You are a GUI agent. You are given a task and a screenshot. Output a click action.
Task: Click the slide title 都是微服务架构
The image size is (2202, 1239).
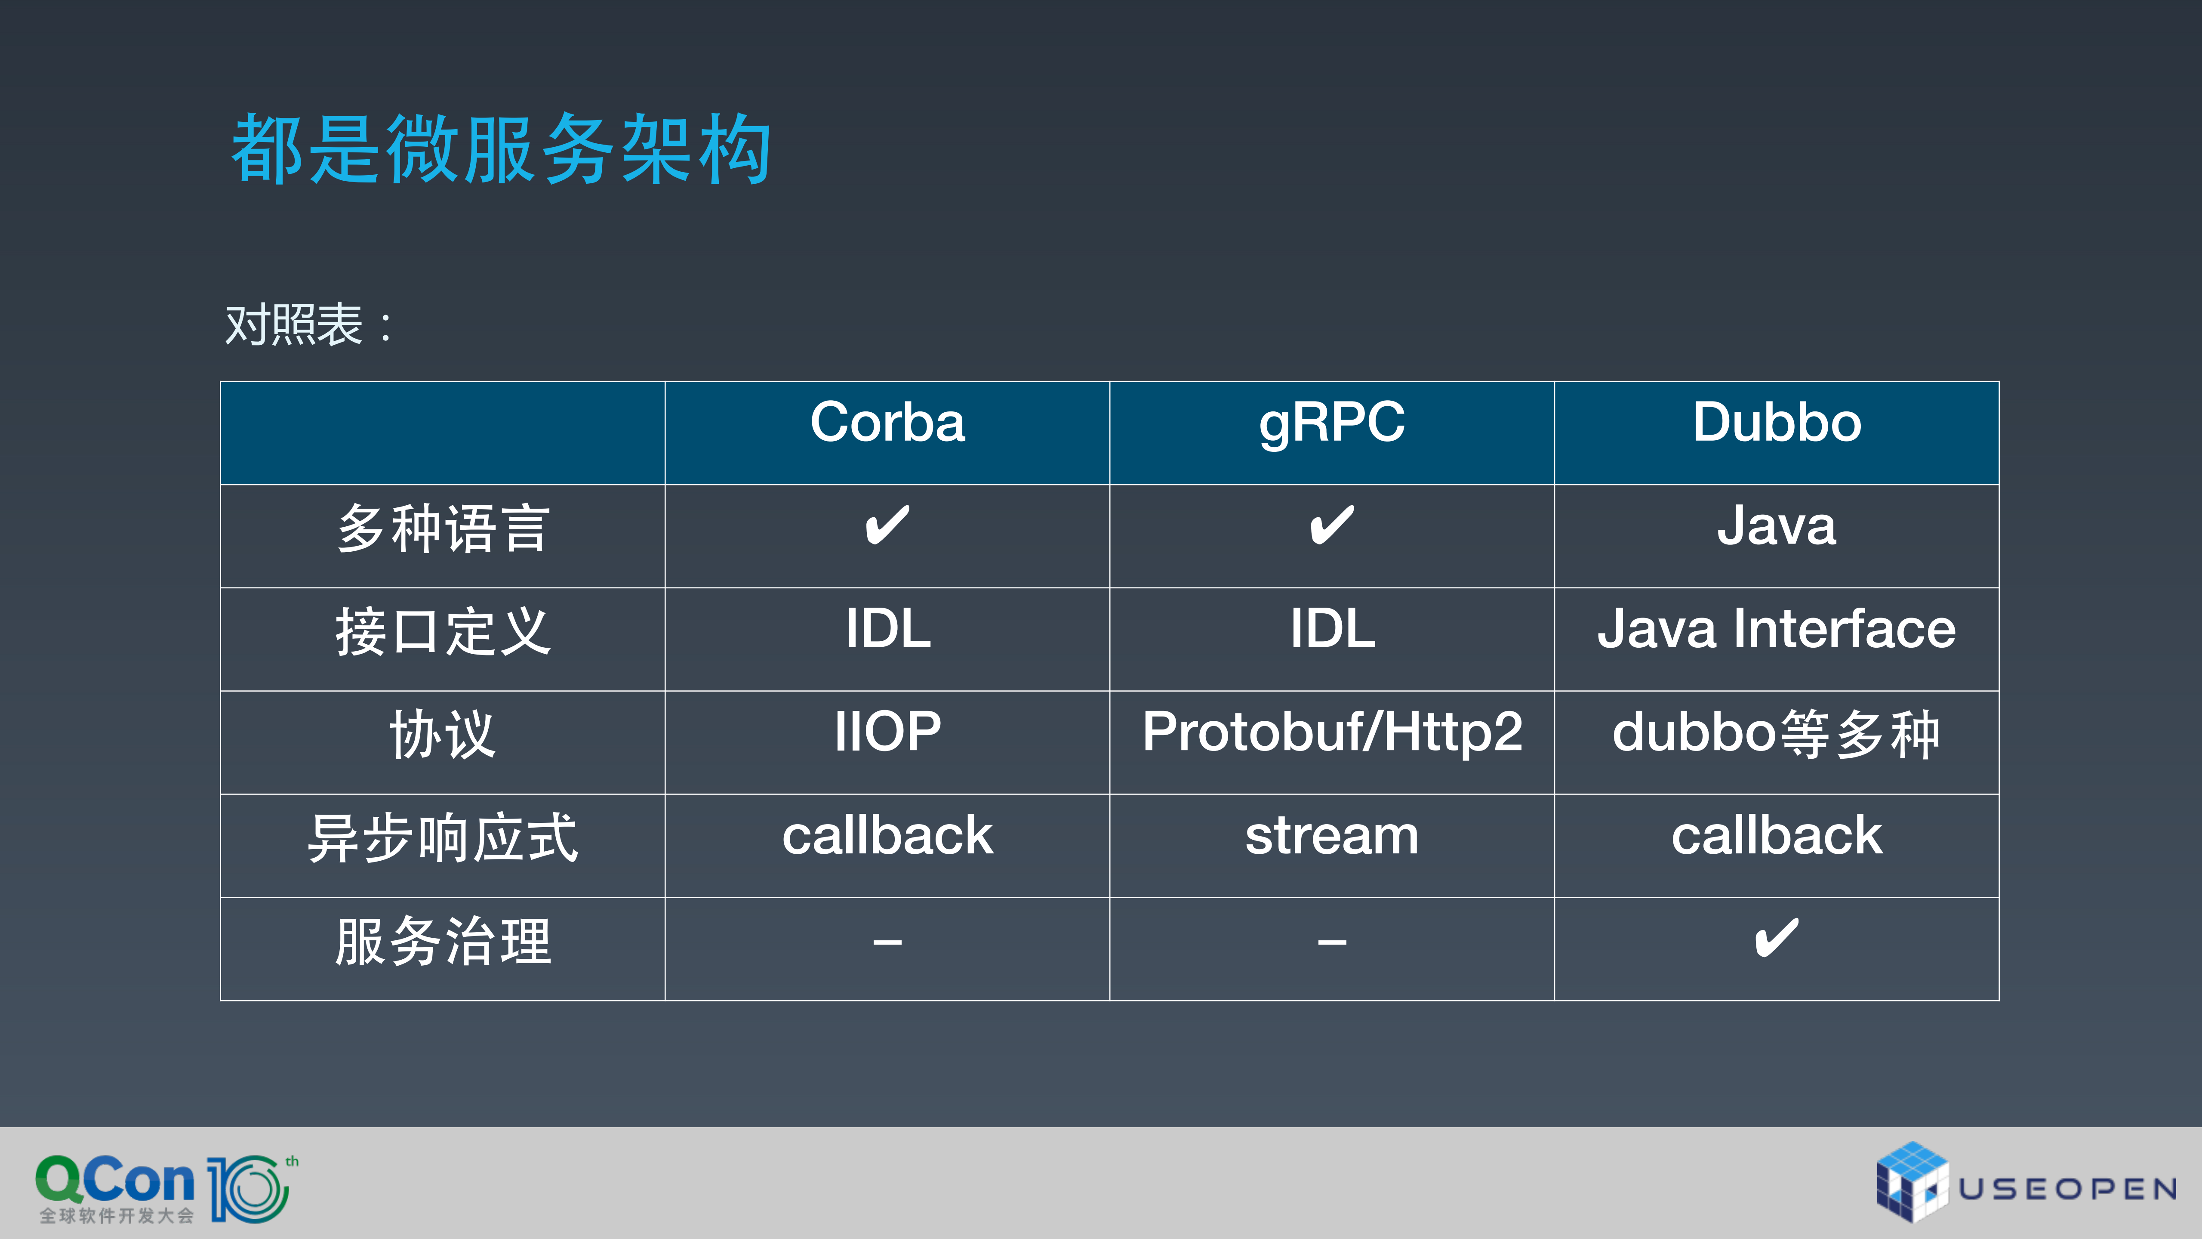click(x=502, y=150)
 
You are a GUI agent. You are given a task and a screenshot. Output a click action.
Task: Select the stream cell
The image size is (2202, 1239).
click(x=1332, y=835)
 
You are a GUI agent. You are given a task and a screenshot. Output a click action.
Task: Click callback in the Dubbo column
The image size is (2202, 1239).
click(x=1776, y=835)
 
